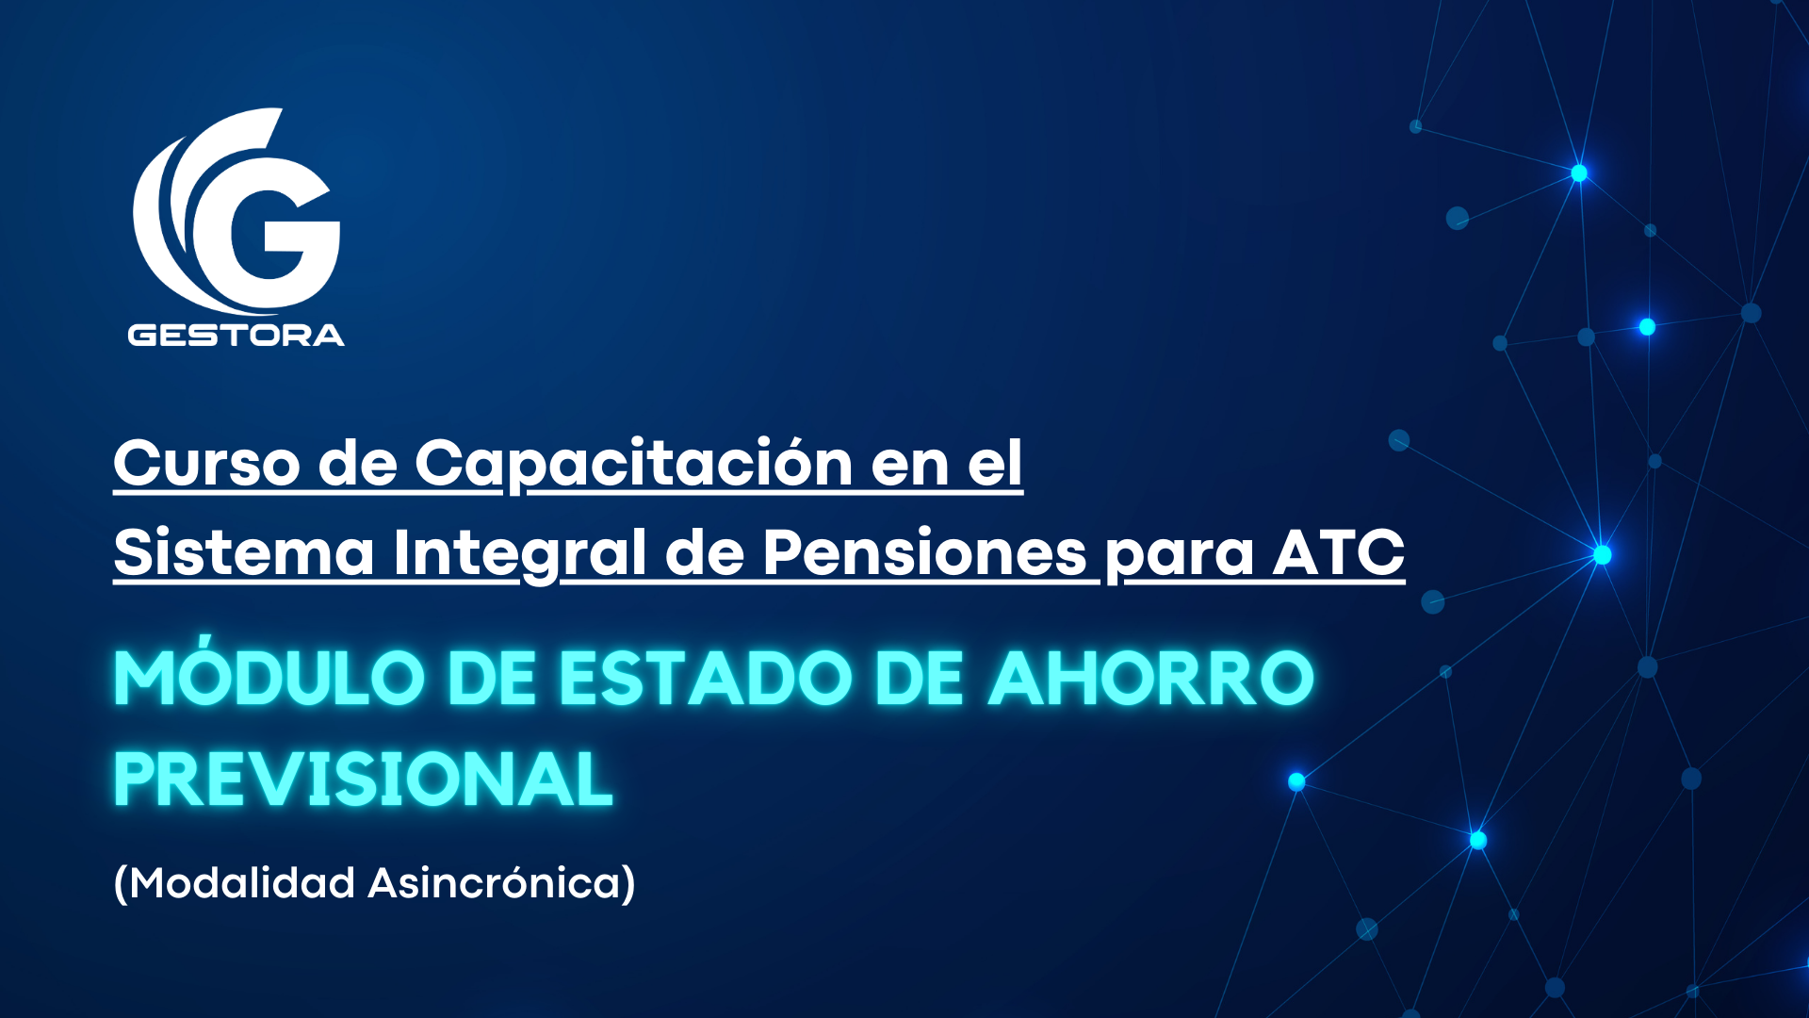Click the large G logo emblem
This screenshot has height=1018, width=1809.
236,211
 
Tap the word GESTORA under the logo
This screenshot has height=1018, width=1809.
236,336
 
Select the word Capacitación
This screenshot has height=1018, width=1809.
634,465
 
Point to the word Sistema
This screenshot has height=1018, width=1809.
244,552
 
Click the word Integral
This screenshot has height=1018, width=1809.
520,554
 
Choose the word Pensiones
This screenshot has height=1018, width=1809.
925,552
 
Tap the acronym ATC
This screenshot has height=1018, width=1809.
1339,552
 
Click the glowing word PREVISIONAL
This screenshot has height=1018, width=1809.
364,779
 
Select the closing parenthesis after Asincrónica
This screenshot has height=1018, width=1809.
629,884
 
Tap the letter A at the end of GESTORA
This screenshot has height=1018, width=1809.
329,336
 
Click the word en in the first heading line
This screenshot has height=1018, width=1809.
910,468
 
